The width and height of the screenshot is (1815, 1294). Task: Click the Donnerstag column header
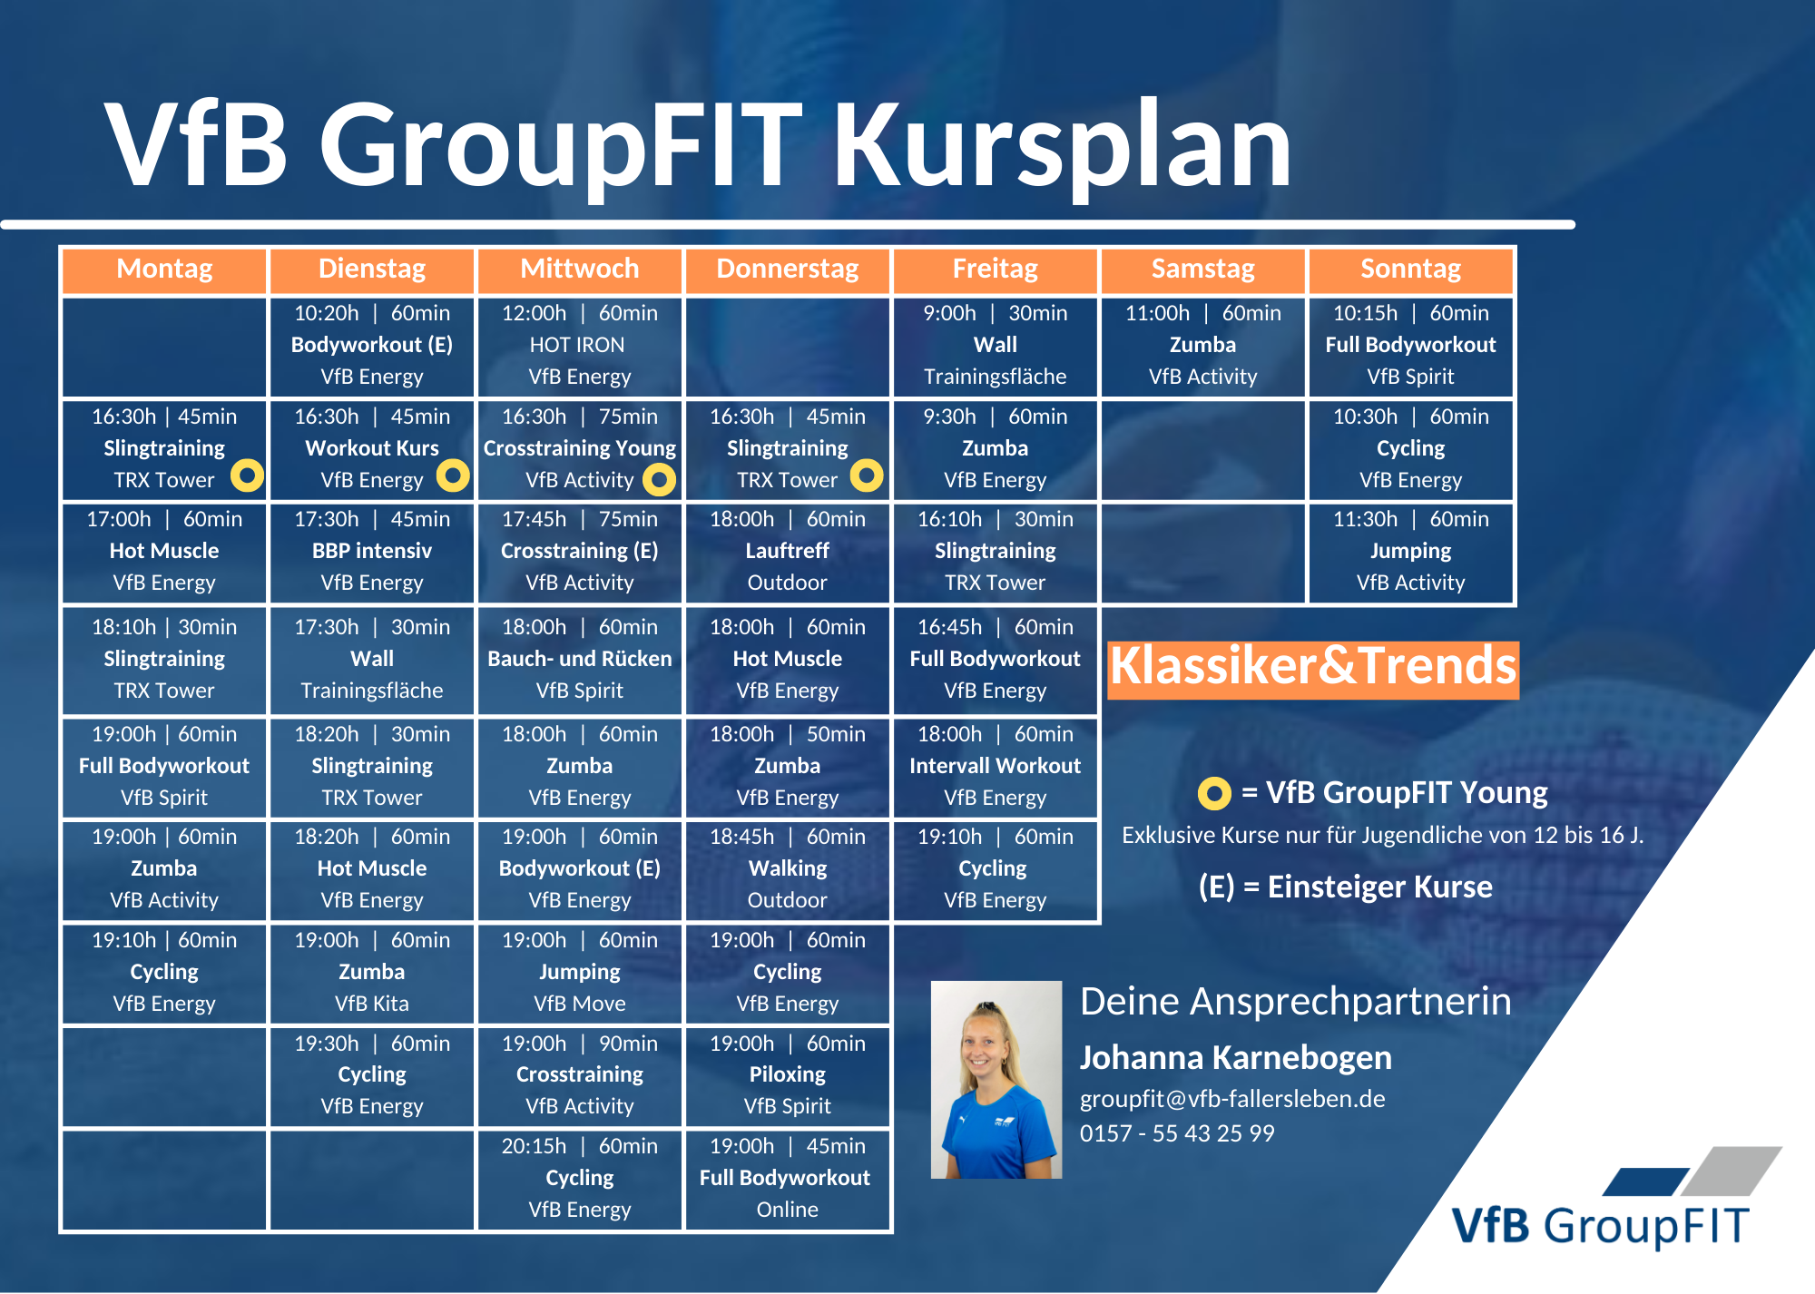787,270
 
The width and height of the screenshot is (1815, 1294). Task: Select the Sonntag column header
1410,270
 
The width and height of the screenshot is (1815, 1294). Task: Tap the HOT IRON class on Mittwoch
577,345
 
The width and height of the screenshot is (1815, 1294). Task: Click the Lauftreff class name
787,551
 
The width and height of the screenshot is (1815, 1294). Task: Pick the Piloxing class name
787,1074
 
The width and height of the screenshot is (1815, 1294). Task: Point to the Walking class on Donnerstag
787,868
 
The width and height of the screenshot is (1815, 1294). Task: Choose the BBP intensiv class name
372,551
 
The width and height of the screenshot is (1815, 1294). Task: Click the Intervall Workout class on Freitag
995,766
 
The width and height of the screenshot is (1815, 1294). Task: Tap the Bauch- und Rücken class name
580,659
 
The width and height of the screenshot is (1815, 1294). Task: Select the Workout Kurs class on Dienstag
372,448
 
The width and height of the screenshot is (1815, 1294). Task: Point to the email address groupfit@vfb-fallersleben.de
1232,1099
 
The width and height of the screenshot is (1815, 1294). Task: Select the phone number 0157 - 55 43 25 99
1177,1133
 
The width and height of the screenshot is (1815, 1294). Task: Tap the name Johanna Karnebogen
1235,1058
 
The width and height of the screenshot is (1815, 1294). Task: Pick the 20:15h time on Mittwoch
534,1146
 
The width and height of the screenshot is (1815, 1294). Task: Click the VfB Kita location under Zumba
372,1004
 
